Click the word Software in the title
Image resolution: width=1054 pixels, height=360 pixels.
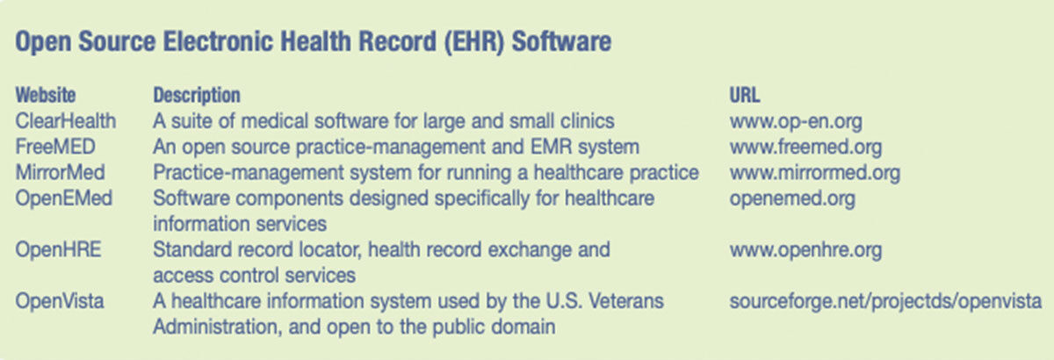coord(561,41)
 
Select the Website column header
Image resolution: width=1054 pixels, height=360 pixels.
coord(45,95)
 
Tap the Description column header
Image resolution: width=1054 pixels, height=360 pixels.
coord(197,95)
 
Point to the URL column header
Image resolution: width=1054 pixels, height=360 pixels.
coord(745,95)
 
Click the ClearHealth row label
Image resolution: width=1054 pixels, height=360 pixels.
coord(65,121)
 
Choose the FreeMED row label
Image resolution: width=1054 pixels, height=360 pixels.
coord(55,147)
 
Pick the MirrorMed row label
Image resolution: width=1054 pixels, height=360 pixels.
coord(60,172)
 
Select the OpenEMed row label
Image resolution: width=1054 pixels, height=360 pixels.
coord(63,198)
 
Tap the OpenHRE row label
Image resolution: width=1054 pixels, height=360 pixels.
coord(58,249)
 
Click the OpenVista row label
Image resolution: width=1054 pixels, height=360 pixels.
coord(60,300)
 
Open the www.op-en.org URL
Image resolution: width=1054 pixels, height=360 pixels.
coord(796,122)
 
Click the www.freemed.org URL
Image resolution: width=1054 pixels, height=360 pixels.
coord(805,148)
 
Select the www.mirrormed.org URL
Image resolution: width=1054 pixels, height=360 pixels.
coord(814,173)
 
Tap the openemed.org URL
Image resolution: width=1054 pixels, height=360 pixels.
coord(792,199)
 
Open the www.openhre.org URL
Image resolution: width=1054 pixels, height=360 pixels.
coord(805,250)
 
